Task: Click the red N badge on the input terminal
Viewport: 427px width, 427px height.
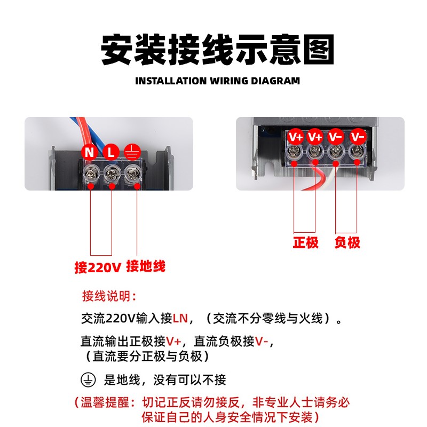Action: [x=90, y=152]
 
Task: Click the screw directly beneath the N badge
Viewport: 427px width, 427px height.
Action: [x=91, y=172]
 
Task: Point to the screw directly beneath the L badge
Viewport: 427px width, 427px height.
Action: [x=112, y=172]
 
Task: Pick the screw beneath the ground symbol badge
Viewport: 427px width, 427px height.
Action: [x=132, y=172]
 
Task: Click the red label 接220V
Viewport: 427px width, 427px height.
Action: [x=98, y=266]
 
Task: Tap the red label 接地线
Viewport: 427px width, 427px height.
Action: [x=146, y=266]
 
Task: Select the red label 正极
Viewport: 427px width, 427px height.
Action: [x=305, y=243]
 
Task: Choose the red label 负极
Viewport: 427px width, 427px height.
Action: [x=347, y=243]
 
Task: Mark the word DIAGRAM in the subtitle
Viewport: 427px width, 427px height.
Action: [x=275, y=82]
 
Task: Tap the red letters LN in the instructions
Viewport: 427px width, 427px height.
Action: [x=180, y=319]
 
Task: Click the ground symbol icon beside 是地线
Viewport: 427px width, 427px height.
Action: [x=88, y=380]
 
